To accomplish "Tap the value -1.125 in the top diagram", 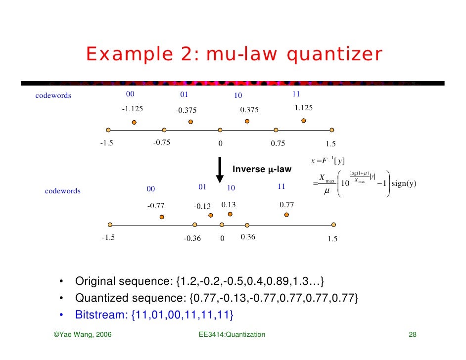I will [133, 109].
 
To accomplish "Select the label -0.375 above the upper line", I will [186, 110].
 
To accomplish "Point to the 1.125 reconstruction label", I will [303, 108].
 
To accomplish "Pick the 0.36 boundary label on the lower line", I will [248, 237].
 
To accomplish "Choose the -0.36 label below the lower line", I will [192, 238].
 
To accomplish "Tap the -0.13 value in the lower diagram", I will [202, 206].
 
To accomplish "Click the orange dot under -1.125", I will [134, 123].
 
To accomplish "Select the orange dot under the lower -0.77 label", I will [161, 217].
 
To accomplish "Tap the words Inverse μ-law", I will [262, 170].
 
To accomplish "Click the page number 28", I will [412, 335].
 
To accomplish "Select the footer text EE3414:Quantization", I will [232, 335].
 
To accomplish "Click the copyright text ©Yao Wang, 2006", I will [82, 335].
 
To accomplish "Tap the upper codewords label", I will [53, 95].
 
